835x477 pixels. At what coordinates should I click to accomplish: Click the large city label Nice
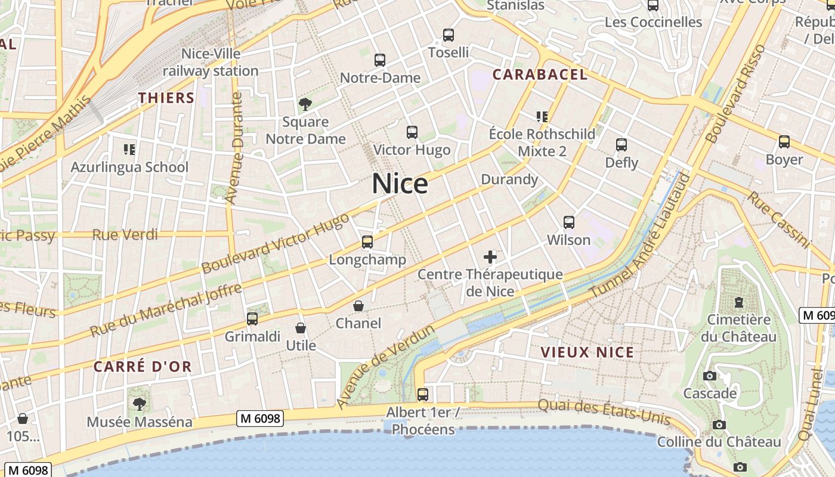click(x=400, y=184)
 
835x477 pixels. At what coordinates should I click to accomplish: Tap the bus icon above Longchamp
click(x=367, y=242)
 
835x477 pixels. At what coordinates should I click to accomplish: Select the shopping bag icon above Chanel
click(x=358, y=306)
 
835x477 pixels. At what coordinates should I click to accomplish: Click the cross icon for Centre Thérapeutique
click(x=490, y=257)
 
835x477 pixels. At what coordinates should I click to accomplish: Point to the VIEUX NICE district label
click(x=587, y=352)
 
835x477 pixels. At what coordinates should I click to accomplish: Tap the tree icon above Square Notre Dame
click(x=305, y=105)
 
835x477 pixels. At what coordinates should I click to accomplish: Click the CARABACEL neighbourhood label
click(x=540, y=75)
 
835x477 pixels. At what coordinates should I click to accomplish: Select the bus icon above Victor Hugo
click(x=412, y=132)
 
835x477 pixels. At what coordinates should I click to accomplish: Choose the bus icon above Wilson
click(x=569, y=222)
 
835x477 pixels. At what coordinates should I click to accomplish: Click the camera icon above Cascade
click(x=710, y=376)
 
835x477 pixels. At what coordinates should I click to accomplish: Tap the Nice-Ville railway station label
click(x=211, y=62)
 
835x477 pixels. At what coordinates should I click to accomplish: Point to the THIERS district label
click(x=166, y=98)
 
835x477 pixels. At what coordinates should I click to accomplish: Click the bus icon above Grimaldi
click(x=252, y=319)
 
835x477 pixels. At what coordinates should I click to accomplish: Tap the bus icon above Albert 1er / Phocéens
click(x=423, y=394)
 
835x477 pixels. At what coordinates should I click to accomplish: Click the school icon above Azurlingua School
click(x=129, y=149)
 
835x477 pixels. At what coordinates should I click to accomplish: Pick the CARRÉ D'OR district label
click(x=143, y=366)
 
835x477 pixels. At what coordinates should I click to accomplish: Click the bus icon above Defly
click(x=621, y=145)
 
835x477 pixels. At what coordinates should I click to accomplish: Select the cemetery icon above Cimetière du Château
click(x=739, y=302)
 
